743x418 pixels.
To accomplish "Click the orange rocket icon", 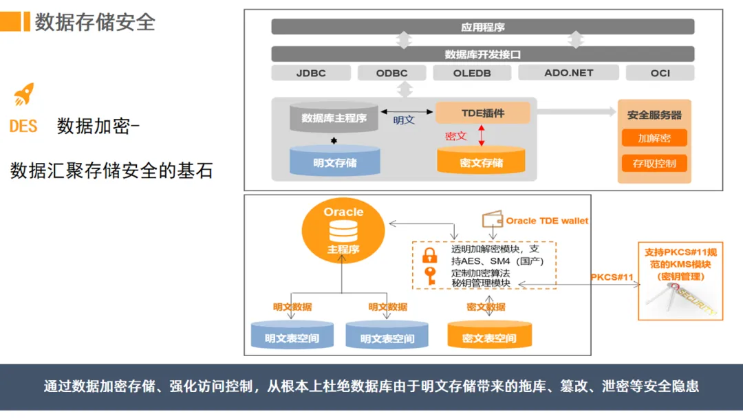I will pos(23,94).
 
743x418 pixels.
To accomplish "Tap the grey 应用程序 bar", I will pos(482,27).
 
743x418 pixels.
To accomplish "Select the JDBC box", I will pos(311,73).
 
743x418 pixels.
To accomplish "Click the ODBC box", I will pos(391,73).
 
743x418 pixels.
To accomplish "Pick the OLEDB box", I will pos(472,73).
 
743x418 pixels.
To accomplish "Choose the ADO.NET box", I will pos(568,72).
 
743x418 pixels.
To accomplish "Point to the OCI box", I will pos(660,73).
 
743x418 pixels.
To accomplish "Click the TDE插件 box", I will pos(483,113).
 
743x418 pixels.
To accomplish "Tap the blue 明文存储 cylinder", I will pos(335,161).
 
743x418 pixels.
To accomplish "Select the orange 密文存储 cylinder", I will pos(481,161).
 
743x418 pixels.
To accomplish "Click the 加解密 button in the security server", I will pos(654,137).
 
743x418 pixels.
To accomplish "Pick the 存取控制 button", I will pos(654,164).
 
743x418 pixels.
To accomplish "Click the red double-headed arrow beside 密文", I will pos(482,135).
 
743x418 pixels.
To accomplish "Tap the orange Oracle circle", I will pos(343,231).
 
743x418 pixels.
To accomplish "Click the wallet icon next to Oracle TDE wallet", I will pos(491,220).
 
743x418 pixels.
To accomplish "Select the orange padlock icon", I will pos(430,256).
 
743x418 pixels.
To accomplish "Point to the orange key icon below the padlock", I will pos(430,276).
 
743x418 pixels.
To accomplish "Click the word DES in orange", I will pos(23,126).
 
